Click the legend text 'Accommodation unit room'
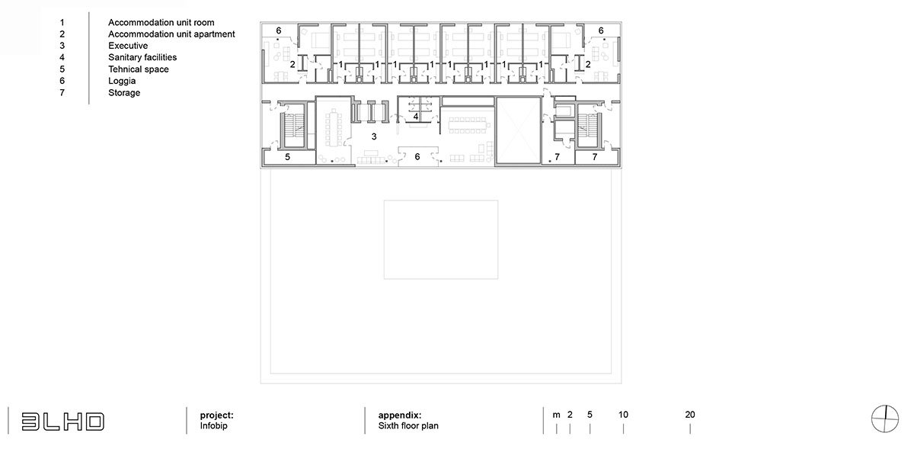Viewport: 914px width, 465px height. [x=161, y=22]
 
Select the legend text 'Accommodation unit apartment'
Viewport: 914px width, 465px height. [x=171, y=34]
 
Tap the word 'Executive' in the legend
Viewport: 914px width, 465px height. [x=128, y=46]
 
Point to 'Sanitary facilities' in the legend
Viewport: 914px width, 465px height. [x=142, y=58]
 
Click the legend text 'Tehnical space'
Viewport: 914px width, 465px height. [x=139, y=69]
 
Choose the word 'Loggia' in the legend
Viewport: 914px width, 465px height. [x=122, y=82]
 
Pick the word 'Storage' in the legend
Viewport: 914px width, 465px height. [x=124, y=93]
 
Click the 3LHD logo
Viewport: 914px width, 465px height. [x=62, y=422]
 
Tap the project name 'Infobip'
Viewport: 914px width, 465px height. [x=213, y=426]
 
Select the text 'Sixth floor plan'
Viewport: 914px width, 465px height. [x=408, y=426]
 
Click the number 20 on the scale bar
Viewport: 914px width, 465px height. [x=690, y=415]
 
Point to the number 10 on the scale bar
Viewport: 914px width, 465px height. [x=623, y=415]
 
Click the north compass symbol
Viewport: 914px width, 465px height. [x=885, y=418]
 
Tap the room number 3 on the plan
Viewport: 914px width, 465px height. [x=374, y=136]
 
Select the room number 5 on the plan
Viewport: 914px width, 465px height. [x=287, y=157]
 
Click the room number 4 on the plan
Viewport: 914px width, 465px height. [x=416, y=117]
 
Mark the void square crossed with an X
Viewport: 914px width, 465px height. [x=518, y=130]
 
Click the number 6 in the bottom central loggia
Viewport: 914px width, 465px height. [x=417, y=157]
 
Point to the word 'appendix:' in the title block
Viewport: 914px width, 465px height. [x=399, y=415]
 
